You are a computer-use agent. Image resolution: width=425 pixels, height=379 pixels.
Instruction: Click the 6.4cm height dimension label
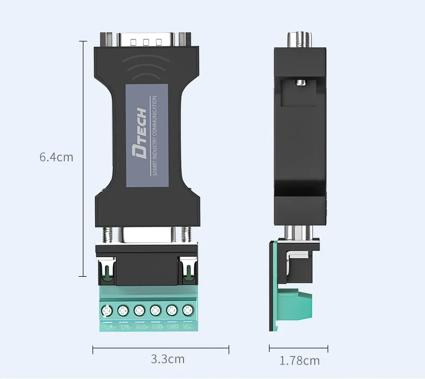tap(56, 158)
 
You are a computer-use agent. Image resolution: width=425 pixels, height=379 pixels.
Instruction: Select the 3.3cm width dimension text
tap(167, 359)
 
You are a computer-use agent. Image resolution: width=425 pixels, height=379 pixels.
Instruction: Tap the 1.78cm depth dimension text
tap(299, 360)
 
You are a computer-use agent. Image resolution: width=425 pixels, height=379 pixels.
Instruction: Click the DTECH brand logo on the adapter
tap(139, 132)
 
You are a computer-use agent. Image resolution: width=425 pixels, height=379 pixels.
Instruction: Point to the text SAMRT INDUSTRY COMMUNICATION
tap(154, 136)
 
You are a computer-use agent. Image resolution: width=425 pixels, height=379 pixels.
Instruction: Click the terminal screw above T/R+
tap(107, 311)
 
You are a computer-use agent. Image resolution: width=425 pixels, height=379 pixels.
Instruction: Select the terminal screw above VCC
tap(188, 310)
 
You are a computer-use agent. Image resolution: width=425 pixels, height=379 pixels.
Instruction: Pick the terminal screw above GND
tap(172, 310)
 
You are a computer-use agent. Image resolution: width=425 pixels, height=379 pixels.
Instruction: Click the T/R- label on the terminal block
tap(125, 326)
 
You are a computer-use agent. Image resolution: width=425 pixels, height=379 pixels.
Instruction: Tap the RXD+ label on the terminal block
tap(141, 326)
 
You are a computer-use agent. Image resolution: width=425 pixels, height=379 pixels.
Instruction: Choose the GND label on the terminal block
tap(173, 326)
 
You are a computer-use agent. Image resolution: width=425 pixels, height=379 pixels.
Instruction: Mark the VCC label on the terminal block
tap(188, 326)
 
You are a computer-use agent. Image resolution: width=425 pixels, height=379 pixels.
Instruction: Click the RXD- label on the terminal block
tap(157, 326)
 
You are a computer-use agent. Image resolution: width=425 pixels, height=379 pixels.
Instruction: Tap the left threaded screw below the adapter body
tap(107, 234)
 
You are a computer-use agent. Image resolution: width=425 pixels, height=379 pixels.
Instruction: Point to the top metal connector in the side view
tap(300, 39)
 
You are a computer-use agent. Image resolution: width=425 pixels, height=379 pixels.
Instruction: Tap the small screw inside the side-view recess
tap(300, 82)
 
